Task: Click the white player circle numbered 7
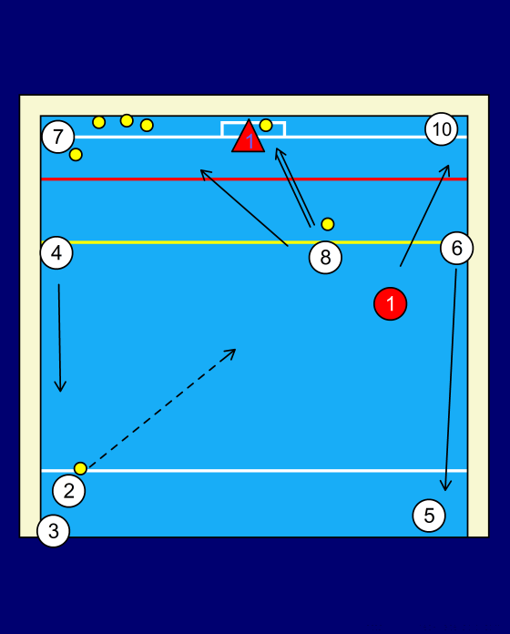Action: click(x=58, y=137)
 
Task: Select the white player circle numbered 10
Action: click(x=442, y=129)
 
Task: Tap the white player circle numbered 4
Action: click(x=56, y=252)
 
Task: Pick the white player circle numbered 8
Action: click(x=325, y=257)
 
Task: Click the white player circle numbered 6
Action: click(x=456, y=248)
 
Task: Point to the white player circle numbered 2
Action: click(x=68, y=491)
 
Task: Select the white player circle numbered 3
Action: click(x=54, y=531)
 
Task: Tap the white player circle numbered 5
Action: click(x=429, y=516)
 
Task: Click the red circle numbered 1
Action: click(x=391, y=303)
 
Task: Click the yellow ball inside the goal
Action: click(x=266, y=126)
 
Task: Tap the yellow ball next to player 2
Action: click(x=80, y=468)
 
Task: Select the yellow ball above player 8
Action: click(x=328, y=224)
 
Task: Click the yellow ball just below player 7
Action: click(x=76, y=155)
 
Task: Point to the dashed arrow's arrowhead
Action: click(x=230, y=353)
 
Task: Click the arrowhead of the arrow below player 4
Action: click(x=60, y=387)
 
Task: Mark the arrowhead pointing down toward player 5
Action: click(x=445, y=486)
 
